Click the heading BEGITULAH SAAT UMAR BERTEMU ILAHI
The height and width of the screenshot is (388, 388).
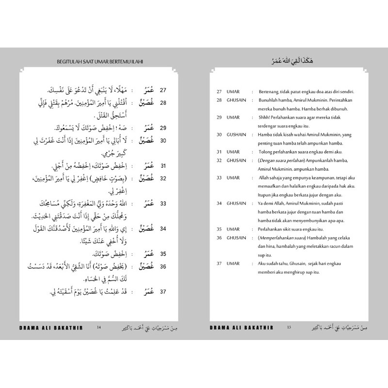click(99, 62)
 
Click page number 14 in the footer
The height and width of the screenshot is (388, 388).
click(99, 327)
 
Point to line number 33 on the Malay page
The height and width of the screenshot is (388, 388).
click(219, 178)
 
